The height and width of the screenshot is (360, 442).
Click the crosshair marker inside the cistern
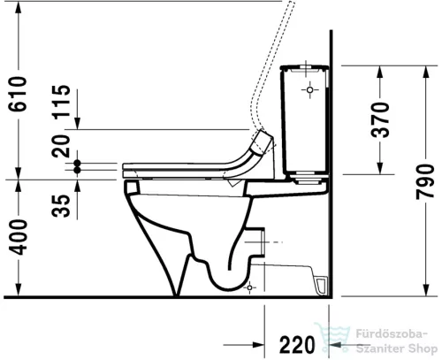(x=311, y=90)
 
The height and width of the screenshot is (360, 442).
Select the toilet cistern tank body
(x=305, y=119)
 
